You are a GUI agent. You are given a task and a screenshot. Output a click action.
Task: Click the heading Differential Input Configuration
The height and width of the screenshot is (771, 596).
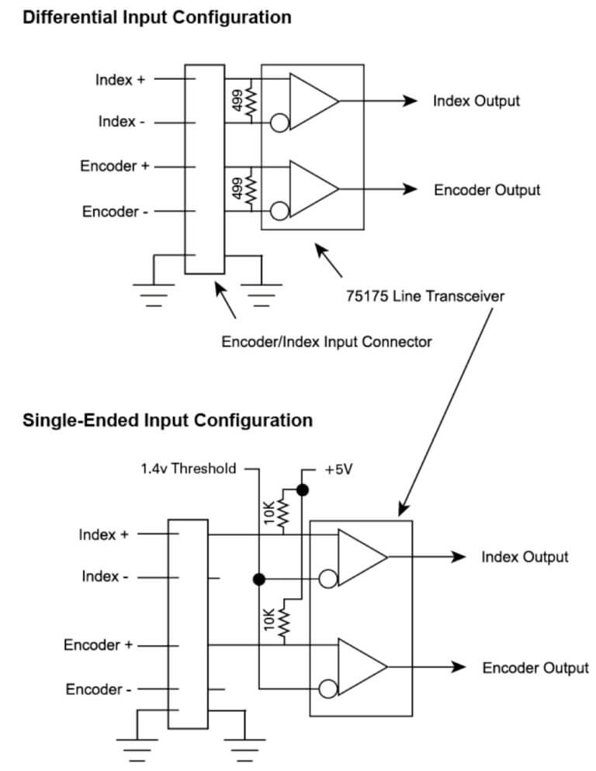click(158, 17)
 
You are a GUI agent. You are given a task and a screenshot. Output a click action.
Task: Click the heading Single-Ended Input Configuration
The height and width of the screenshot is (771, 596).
click(168, 420)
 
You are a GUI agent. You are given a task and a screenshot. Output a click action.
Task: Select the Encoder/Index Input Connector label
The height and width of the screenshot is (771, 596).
click(327, 341)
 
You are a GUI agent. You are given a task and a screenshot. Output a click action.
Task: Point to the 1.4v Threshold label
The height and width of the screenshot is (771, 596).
click(188, 468)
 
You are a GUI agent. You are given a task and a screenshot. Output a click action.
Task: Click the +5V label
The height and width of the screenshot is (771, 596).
click(338, 469)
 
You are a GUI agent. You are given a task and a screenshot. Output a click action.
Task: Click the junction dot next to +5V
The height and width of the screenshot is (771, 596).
click(303, 490)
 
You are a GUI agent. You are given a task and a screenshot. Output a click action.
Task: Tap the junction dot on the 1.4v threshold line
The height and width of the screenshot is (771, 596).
click(259, 579)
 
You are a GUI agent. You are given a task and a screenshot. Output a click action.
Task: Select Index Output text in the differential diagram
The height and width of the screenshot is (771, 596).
click(476, 101)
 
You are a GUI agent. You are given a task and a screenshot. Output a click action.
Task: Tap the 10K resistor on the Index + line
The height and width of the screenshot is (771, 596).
click(282, 512)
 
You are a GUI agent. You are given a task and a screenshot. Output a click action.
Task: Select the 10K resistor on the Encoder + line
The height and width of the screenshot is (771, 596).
click(282, 622)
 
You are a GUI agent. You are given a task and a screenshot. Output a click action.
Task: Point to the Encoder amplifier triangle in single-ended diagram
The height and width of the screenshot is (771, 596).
click(359, 668)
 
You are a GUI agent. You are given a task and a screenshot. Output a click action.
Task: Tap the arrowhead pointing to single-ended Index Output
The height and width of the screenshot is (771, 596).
click(459, 557)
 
